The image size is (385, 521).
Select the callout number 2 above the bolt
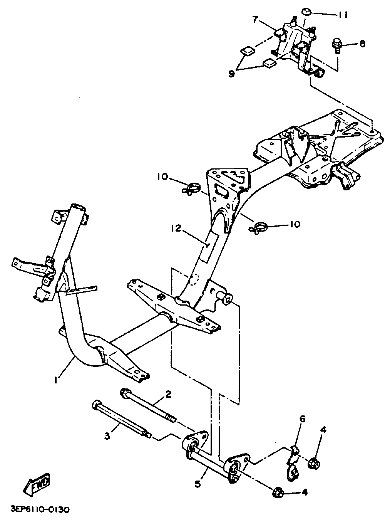[168, 394]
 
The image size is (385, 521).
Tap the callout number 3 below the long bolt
[107, 436]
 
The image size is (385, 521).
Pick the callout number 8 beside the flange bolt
[362, 44]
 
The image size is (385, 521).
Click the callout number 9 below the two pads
[231, 73]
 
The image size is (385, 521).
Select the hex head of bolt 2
[125, 393]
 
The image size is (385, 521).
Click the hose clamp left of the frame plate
[191, 189]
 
